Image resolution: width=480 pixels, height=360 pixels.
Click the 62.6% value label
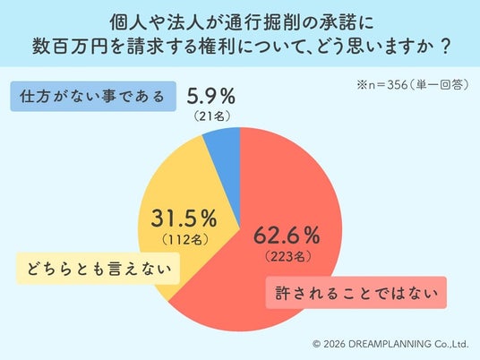pyautogui.click(x=287, y=236)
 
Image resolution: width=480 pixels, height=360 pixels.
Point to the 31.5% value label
pyautogui.click(x=184, y=219)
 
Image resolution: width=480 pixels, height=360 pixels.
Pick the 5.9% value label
pyautogui.click(x=211, y=96)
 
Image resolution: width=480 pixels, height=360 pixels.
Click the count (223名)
pyautogui.click(x=288, y=256)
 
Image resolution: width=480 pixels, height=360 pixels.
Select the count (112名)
pyautogui.click(x=185, y=239)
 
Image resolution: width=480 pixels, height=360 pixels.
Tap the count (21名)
pyautogui.click(x=212, y=116)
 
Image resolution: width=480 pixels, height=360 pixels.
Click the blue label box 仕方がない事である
pyautogui.click(x=93, y=96)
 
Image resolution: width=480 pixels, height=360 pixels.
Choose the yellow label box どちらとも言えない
pyautogui.click(x=98, y=269)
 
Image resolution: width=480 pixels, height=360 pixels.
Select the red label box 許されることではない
pyautogui.click(x=356, y=293)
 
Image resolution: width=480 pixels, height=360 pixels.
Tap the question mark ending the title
pyautogui.click(x=446, y=47)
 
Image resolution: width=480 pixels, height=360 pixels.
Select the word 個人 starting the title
pyautogui.click(x=128, y=22)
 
